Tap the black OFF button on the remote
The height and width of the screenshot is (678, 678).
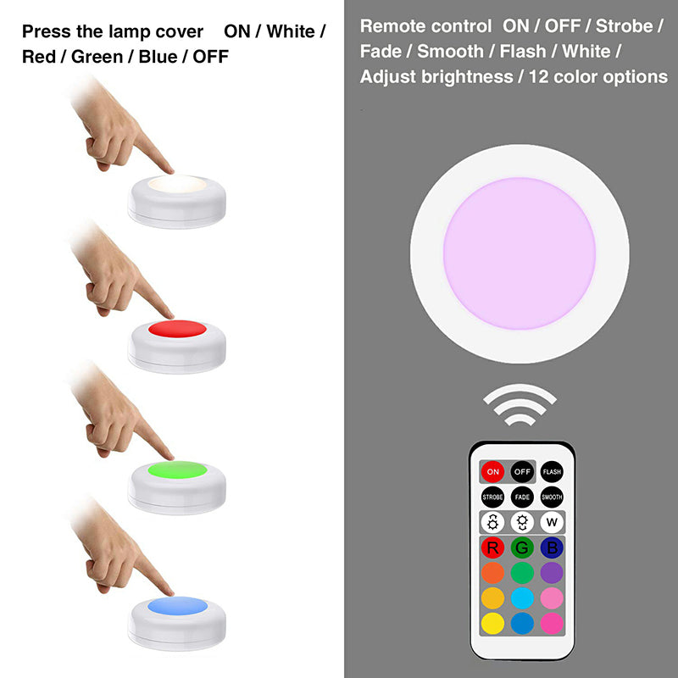(522, 470)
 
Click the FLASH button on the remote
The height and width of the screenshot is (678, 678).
(552, 470)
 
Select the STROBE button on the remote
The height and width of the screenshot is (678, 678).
(492, 497)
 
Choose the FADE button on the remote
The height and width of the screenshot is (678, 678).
(522, 497)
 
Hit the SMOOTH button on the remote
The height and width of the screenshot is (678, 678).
(552, 497)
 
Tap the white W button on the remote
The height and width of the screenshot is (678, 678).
(552, 523)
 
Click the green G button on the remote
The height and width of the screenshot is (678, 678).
(522, 547)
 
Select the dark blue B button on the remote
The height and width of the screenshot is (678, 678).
(552, 547)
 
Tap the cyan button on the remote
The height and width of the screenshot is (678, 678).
(522, 598)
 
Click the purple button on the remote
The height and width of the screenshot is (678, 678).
(552, 573)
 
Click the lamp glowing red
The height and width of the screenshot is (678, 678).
(176, 331)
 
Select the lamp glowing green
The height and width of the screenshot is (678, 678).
(176, 470)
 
